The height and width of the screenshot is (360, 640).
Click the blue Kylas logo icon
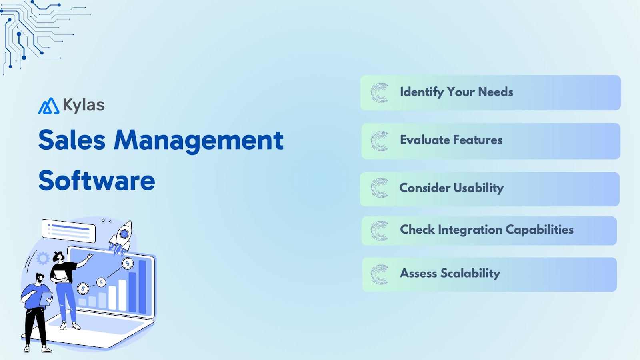[x=49, y=106]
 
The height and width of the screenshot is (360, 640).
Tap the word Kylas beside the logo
[x=84, y=105]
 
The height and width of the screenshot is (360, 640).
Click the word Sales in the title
[x=72, y=140]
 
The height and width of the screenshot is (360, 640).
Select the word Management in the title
[x=199, y=140]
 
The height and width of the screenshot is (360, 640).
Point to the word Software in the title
[x=97, y=181]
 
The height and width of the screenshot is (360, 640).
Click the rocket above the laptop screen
[x=121, y=237]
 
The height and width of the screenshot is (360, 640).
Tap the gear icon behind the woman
[x=43, y=258]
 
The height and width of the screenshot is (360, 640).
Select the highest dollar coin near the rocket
[x=128, y=263]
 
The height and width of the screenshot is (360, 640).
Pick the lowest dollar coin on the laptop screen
[x=83, y=288]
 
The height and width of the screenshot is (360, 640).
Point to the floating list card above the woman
[x=69, y=231]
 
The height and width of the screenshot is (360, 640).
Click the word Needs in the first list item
[x=496, y=92]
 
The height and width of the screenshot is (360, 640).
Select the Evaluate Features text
[x=451, y=140]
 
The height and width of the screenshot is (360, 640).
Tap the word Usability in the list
[x=478, y=188]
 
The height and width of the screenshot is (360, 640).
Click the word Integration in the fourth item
[x=470, y=230]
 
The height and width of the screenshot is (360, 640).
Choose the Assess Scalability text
[x=450, y=273]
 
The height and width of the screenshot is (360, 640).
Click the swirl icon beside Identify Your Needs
[x=380, y=93]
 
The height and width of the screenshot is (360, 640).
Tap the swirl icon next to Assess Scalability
[x=380, y=275]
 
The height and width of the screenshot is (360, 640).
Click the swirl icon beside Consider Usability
[x=380, y=188]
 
